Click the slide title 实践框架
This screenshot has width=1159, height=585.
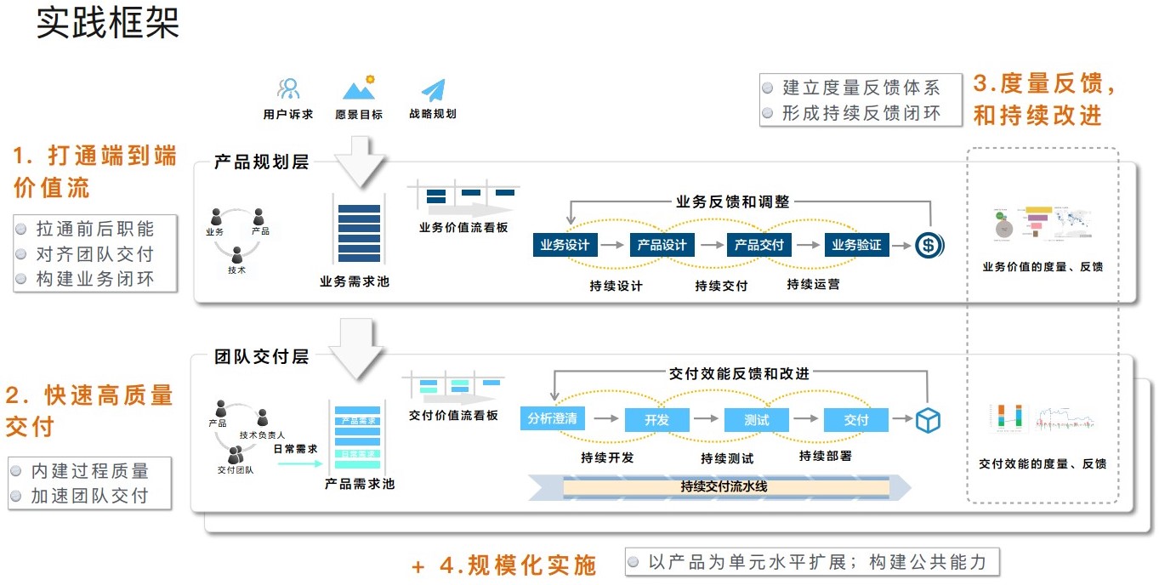(108, 24)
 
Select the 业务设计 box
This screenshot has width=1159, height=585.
(565, 245)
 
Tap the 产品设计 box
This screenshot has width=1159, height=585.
(662, 245)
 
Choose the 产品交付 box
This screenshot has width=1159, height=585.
(759, 245)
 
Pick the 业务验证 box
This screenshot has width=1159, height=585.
(856, 245)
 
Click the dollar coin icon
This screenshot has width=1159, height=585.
(928, 246)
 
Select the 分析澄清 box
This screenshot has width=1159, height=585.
(552, 418)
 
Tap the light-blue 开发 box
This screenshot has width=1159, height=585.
(656, 419)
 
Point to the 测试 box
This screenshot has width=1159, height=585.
(756, 419)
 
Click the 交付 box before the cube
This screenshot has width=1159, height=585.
(855, 419)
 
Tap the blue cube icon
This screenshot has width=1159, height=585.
(928, 419)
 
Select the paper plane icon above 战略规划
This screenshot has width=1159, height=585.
(433, 90)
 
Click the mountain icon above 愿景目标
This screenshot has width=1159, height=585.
(359, 88)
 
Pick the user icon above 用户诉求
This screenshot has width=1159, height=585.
(289, 88)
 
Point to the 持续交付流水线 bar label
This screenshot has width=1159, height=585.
(724, 487)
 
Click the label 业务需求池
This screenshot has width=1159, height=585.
(354, 281)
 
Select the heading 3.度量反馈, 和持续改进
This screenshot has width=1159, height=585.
(1045, 99)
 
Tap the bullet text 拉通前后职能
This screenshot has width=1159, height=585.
(95, 229)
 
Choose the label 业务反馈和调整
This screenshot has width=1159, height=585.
(732, 202)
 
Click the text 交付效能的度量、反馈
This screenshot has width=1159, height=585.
(1043, 464)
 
